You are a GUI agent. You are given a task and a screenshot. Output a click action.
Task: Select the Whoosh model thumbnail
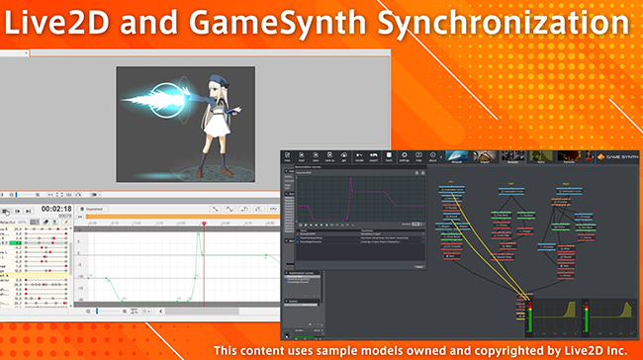point(457,155)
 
